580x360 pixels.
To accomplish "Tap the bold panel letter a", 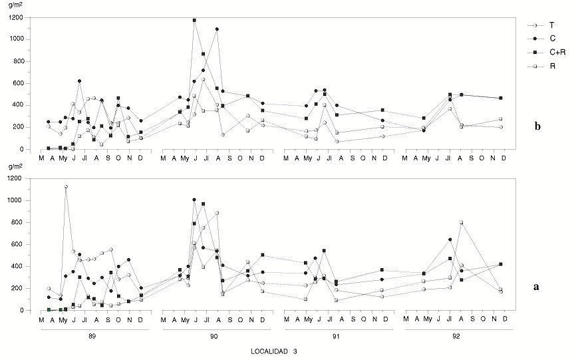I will (535, 287).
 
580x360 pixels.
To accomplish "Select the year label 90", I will (214, 336).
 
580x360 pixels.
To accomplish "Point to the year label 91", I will (336, 336).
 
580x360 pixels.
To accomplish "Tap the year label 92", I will (456, 336).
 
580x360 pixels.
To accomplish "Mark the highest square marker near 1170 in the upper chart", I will (194, 21).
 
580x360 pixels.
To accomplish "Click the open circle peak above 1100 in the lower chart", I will (66, 186).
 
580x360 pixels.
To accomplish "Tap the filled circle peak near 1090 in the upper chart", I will (217, 29).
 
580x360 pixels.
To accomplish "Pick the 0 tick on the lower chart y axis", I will (26, 310).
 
